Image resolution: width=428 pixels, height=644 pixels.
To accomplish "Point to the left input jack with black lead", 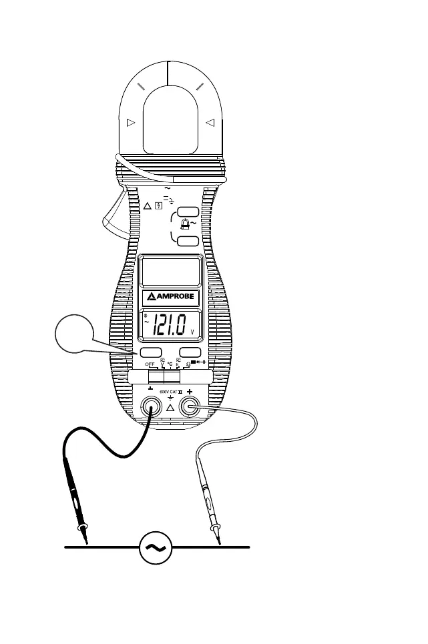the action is click(151, 406).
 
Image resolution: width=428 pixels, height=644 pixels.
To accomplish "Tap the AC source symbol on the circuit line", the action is click(156, 548).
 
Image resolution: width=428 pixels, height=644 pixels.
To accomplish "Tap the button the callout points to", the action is click(151, 352).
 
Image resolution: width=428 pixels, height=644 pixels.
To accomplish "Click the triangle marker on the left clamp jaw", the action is click(130, 123).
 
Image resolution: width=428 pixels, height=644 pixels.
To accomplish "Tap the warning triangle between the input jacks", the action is click(170, 408).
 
